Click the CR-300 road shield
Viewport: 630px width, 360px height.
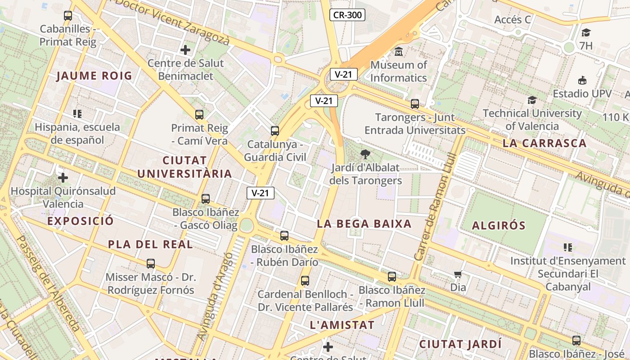coord(347,15)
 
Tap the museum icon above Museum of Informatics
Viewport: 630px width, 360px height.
coord(398,52)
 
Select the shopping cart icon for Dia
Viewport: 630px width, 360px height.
coord(458,274)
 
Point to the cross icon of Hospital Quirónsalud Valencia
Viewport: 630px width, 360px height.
coord(63,178)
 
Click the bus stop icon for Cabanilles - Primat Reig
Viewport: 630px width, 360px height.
coord(68,16)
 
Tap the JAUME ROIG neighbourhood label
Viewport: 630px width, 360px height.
coord(94,76)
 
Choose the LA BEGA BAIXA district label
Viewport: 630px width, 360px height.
coord(364,224)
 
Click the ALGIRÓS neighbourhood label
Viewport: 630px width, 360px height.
coord(498,225)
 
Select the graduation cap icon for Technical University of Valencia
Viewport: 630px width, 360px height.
coord(532,100)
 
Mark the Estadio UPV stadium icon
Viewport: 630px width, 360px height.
coord(582,81)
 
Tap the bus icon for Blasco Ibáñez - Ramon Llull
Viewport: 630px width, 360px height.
coord(392,277)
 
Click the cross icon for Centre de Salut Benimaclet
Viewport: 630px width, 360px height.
coord(185,49)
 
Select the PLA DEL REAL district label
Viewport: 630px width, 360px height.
coord(150,244)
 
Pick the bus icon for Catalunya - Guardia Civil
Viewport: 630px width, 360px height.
coord(275,131)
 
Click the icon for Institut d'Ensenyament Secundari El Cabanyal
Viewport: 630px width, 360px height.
coord(568,247)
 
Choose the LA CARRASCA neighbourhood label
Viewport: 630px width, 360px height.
coord(544,144)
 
